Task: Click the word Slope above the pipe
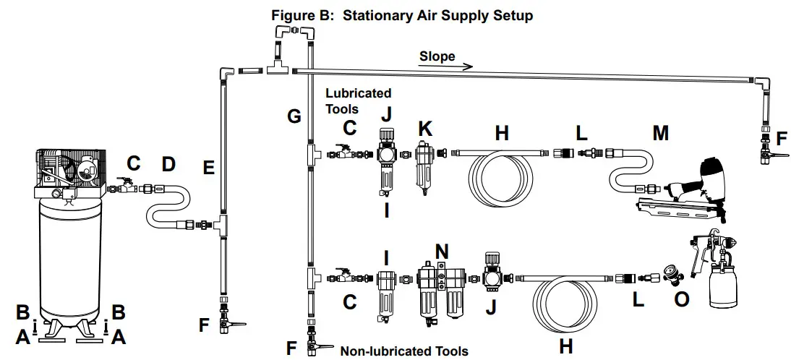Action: point(437,56)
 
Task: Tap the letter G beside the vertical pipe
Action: point(294,116)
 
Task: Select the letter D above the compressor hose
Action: point(168,164)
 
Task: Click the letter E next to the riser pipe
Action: point(209,168)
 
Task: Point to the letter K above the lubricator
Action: point(424,130)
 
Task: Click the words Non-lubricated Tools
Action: point(403,351)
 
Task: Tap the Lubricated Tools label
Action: point(358,100)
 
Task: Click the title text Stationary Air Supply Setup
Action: point(437,15)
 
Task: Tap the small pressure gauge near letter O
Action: point(672,276)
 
